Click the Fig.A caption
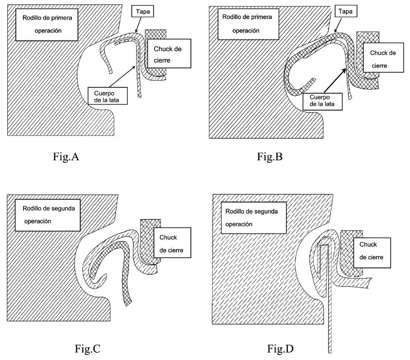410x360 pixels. (x=66, y=156)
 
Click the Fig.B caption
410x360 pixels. (x=270, y=156)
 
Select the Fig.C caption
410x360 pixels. (x=87, y=348)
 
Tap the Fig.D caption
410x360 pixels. (x=280, y=348)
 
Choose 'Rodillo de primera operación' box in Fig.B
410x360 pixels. (x=247, y=24)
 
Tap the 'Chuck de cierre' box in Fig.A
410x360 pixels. (x=168, y=55)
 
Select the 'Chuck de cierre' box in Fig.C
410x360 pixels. (x=172, y=243)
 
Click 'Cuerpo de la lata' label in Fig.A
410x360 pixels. (x=108, y=96)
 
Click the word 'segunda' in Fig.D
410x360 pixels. (x=265, y=212)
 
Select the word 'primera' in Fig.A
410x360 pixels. (x=63, y=18)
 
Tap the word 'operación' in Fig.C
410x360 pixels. (x=38, y=221)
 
